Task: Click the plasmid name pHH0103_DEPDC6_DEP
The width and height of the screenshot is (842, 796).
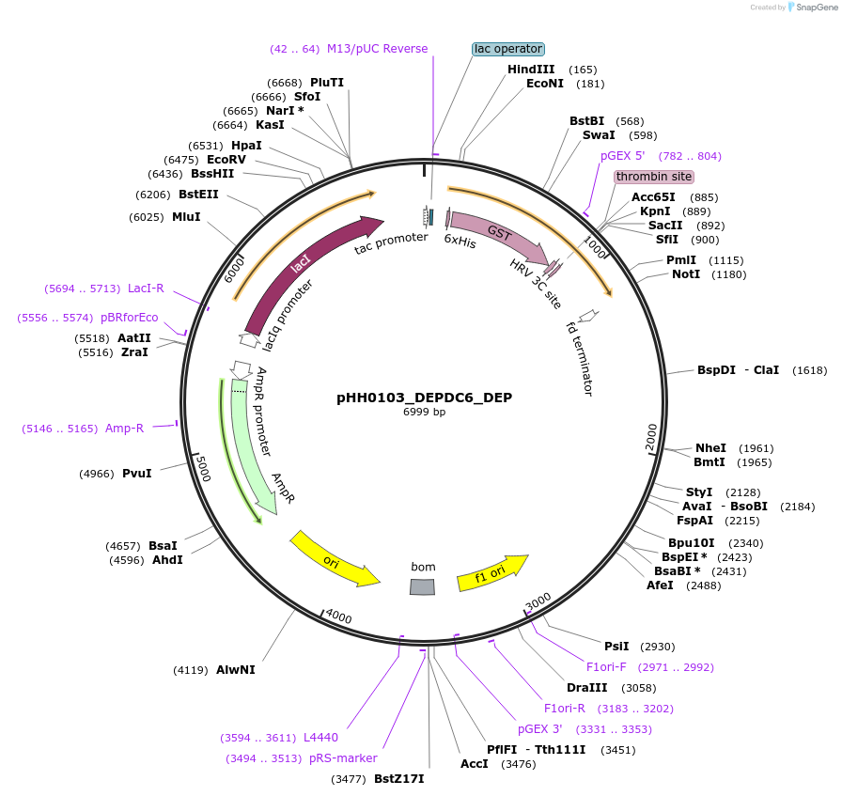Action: [424, 398]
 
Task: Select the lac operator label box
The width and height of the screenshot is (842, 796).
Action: [508, 49]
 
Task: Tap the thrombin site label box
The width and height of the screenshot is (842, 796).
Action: [654, 177]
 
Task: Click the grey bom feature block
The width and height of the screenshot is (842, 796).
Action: [423, 586]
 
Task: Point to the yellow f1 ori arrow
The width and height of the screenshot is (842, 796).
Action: [491, 573]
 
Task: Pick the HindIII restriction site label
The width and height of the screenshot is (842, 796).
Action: [531, 70]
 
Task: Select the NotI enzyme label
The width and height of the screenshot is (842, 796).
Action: [685, 274]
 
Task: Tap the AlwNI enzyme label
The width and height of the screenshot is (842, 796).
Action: [235, 670]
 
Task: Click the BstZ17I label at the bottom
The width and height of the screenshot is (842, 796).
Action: [399, 779]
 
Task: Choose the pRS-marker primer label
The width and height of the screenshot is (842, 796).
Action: [343, 758]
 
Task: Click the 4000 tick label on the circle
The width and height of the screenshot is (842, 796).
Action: [338, 617]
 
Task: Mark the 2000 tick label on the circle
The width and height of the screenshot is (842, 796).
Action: [652, 436]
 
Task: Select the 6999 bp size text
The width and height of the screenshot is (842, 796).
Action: [424, 413]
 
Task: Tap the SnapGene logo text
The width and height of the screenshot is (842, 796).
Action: [815, 7]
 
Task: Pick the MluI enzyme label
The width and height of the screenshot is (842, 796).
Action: [186, 217]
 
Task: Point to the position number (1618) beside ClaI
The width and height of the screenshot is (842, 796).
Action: [809, 370]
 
